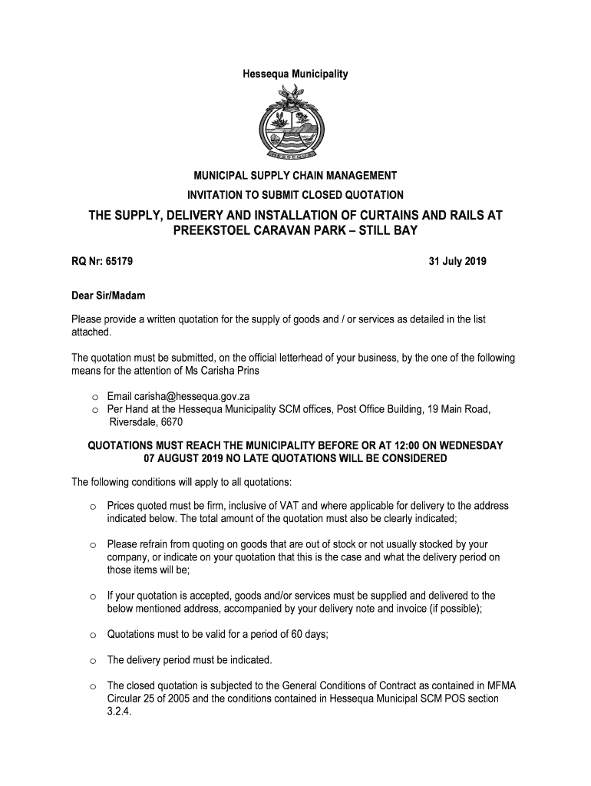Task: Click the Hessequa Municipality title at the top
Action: (x=295, y=74)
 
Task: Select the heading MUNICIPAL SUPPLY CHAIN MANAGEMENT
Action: (x=295, y=177)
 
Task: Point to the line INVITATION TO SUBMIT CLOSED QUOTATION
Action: (x=295, y=195)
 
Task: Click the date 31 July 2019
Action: (x=457, y=262)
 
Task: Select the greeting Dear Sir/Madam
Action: (x=108, y=296)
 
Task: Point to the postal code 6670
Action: (x=171, y=422)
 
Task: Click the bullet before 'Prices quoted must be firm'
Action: (x=91, y=507)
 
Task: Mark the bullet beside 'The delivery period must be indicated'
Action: (x=91, y=661)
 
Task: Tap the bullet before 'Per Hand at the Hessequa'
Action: (x=91, y=410)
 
